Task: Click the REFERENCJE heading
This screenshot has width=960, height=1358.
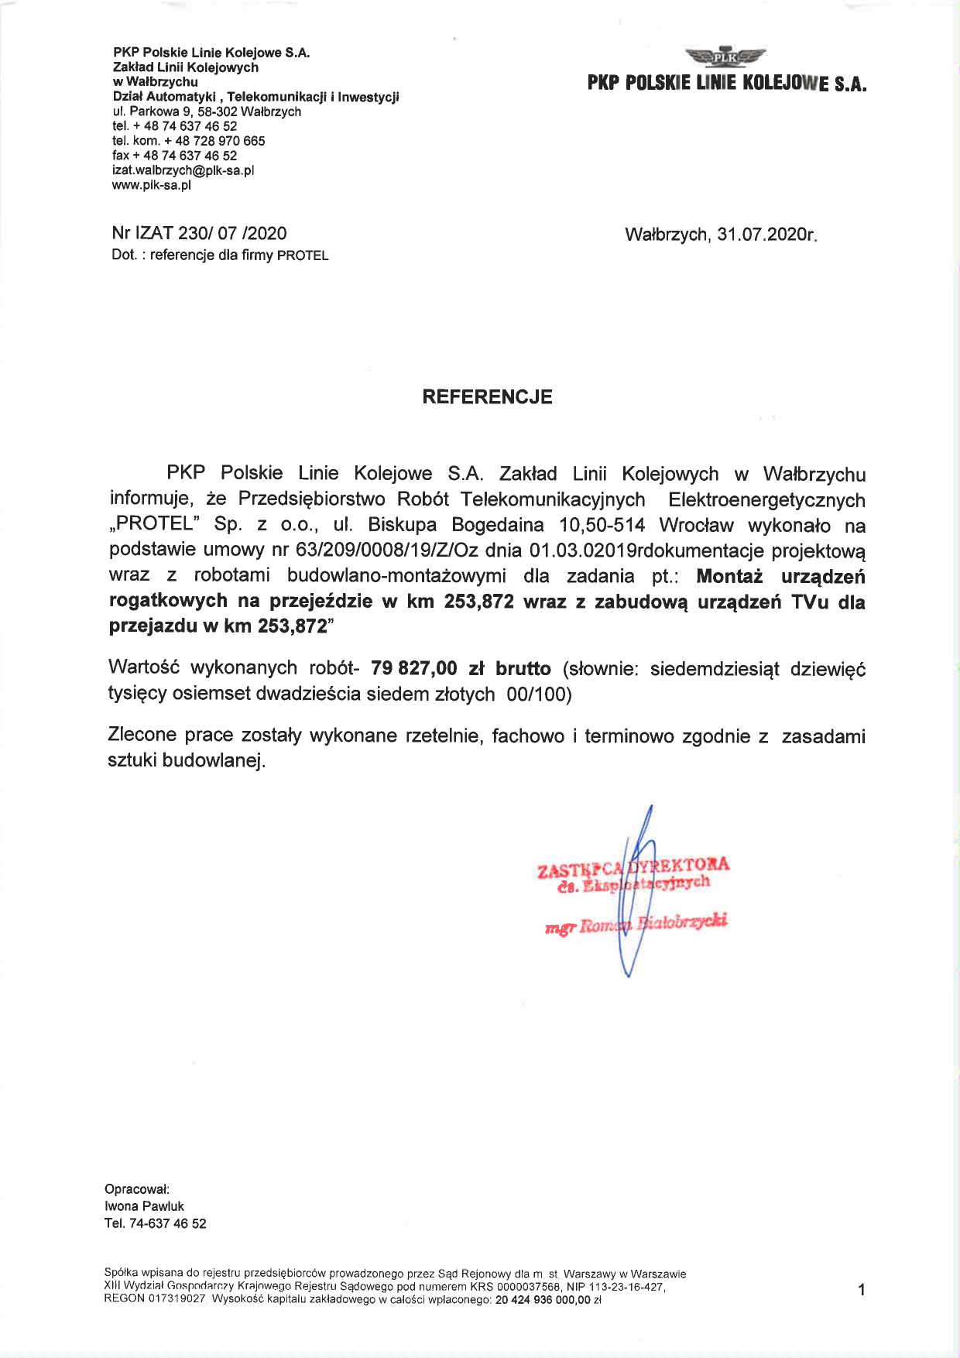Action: (487, 397)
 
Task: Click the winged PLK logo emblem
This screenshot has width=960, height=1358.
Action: (725, 56)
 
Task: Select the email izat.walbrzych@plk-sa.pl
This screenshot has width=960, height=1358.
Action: (183, 170)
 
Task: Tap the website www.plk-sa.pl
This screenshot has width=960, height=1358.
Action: (151, 185)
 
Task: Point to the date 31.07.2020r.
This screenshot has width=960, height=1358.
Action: (766, 235)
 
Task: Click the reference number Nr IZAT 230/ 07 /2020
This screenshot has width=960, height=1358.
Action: (199, 233)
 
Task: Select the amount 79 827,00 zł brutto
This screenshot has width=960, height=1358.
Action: (461, 668)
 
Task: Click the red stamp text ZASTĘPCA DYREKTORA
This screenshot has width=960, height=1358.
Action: (633, 866)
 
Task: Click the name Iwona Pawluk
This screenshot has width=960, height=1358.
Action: (144, 1206)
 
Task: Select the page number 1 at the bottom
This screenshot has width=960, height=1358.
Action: (862, 1290)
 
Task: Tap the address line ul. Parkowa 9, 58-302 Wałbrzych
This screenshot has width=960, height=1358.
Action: (206, 111)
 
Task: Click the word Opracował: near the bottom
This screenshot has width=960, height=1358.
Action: (137, 1189)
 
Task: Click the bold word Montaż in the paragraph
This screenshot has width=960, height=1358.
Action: (729, 576)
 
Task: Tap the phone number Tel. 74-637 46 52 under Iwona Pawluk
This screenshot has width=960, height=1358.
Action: (155, 1223)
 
